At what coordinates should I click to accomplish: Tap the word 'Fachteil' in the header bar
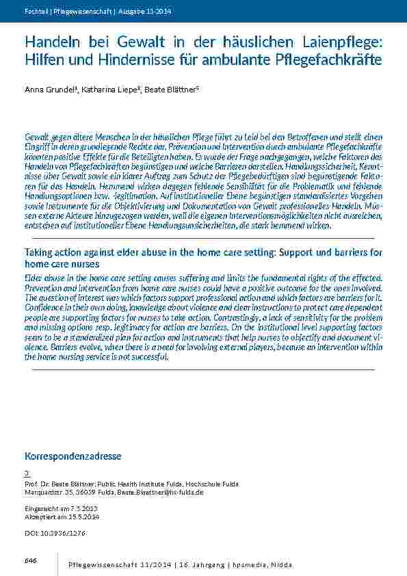[x=35, y=12]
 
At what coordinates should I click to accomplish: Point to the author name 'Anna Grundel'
[x=50, y=89]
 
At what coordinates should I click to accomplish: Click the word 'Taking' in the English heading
[x=42, y=252]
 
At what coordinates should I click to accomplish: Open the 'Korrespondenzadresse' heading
[x=73, y=456]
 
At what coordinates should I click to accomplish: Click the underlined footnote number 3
[x=27, y=473]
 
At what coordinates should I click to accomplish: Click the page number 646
[x=30, y=560]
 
